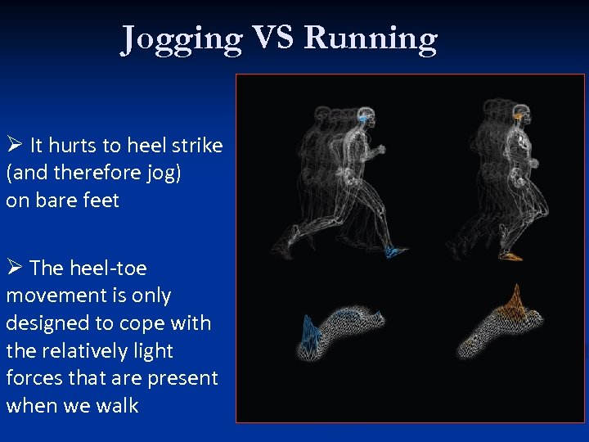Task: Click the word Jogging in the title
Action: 182,38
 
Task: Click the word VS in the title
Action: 273,38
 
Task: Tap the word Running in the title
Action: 371,38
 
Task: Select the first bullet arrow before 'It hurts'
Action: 14,146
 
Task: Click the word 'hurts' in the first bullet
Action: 74,146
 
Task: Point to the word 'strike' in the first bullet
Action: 196,146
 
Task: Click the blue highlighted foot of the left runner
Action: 396,251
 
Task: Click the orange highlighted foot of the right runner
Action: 510,256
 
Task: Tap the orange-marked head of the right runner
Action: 519,117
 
